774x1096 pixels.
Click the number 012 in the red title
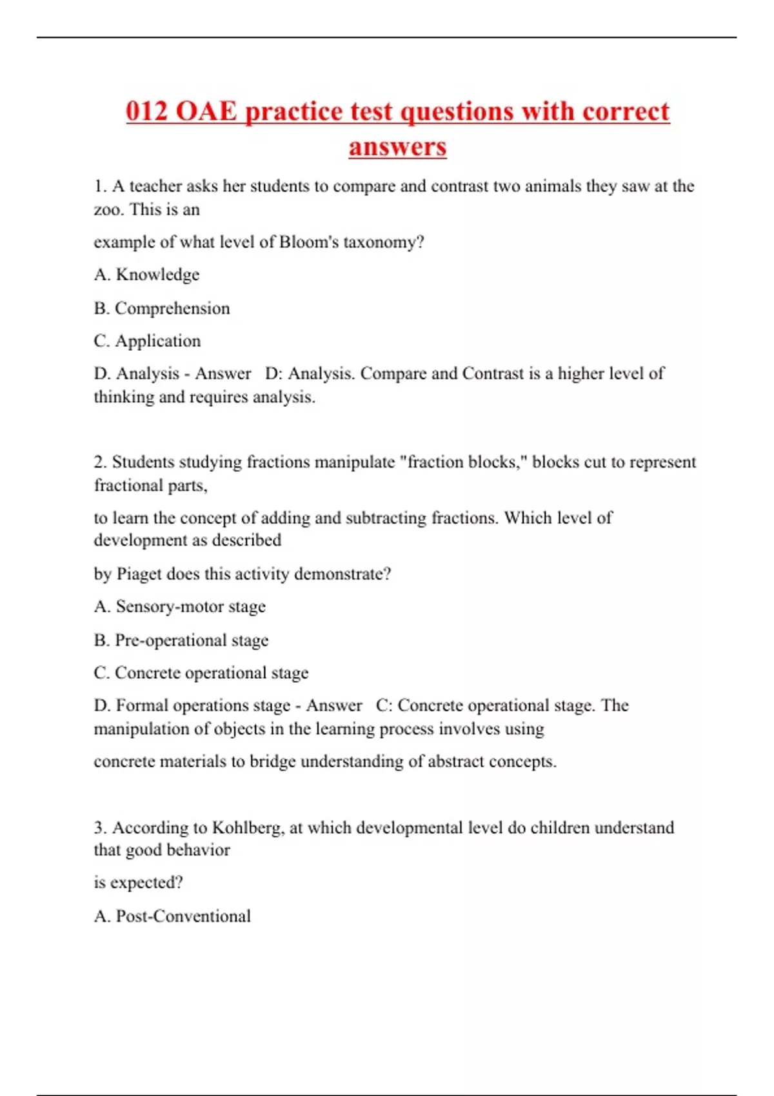[x=146, y=111]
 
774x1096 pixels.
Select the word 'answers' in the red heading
[x=397, y=146]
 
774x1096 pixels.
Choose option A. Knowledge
[x=147, y=275]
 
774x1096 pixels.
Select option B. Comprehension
[x=162, y=308]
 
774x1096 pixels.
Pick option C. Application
[x=148, y=340]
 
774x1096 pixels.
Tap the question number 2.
[x=100, y=462]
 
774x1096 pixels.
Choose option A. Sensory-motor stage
[x=180, y=607]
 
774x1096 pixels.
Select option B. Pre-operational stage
[x=181, y=640]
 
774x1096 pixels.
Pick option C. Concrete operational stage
[x=201, y=672]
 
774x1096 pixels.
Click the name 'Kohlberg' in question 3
[x=248, y=827]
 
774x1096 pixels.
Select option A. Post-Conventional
[x=172, y=916]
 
